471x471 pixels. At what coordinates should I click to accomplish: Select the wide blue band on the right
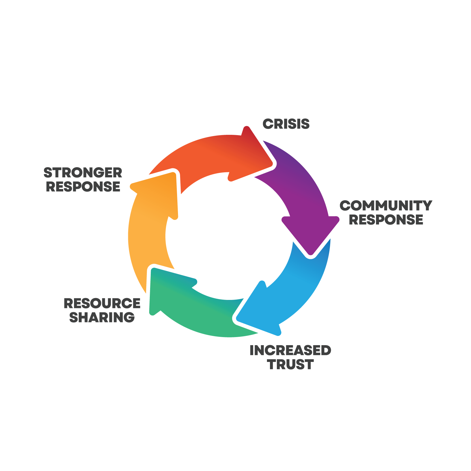[x=390, y=300]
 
